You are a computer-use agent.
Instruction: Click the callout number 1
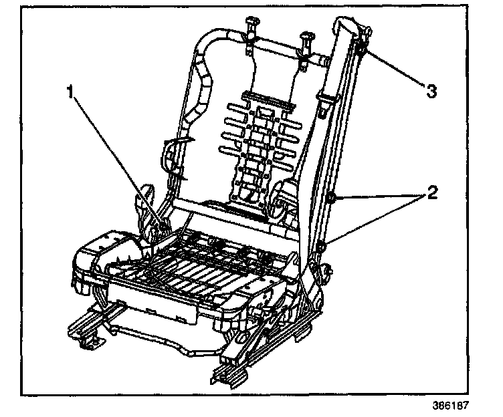(69, 91)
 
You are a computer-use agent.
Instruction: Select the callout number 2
(433, 193)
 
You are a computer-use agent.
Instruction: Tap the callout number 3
(431, 91)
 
